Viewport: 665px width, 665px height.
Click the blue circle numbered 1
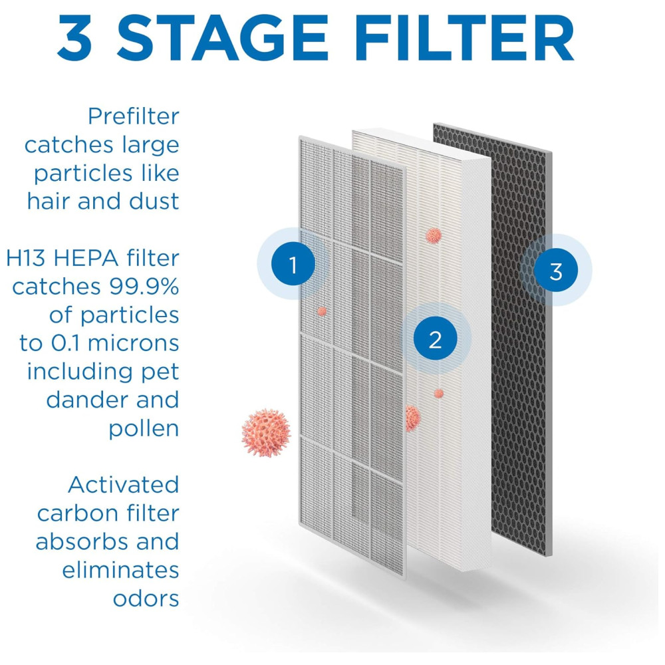click(293, 264)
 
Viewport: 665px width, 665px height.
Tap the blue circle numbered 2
click(436, 339)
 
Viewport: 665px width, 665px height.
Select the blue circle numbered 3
click(555, 270)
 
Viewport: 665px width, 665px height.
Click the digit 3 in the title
click(75, 38)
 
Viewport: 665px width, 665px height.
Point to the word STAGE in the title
click(222, 38)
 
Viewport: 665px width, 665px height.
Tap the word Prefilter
click(134, 116)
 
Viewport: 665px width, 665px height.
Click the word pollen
click(144, 430)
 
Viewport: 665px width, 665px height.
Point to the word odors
click(146, 598)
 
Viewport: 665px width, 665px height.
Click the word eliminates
click(121, 570)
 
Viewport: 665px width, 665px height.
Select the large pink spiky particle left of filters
click(266, 433)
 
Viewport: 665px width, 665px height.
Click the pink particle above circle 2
click(434, 235)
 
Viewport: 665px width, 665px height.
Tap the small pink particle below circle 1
click(322, 311)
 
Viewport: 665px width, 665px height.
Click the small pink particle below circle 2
click(439, 394)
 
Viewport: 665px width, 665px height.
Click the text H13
click(25, 258)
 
